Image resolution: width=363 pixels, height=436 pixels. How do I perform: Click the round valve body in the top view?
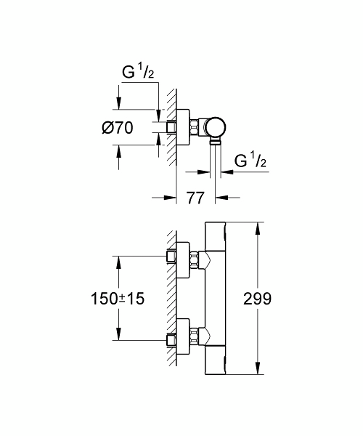pos(216,128)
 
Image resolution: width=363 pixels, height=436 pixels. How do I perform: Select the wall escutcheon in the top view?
pos(184,127)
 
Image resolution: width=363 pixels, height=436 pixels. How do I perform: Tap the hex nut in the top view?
pos(198,128)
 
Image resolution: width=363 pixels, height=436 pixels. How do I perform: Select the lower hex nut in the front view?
pos(198,339)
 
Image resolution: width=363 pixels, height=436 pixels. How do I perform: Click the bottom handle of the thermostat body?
pos(217,360)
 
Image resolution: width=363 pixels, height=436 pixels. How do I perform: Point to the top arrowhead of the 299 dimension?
pos(258,226)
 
